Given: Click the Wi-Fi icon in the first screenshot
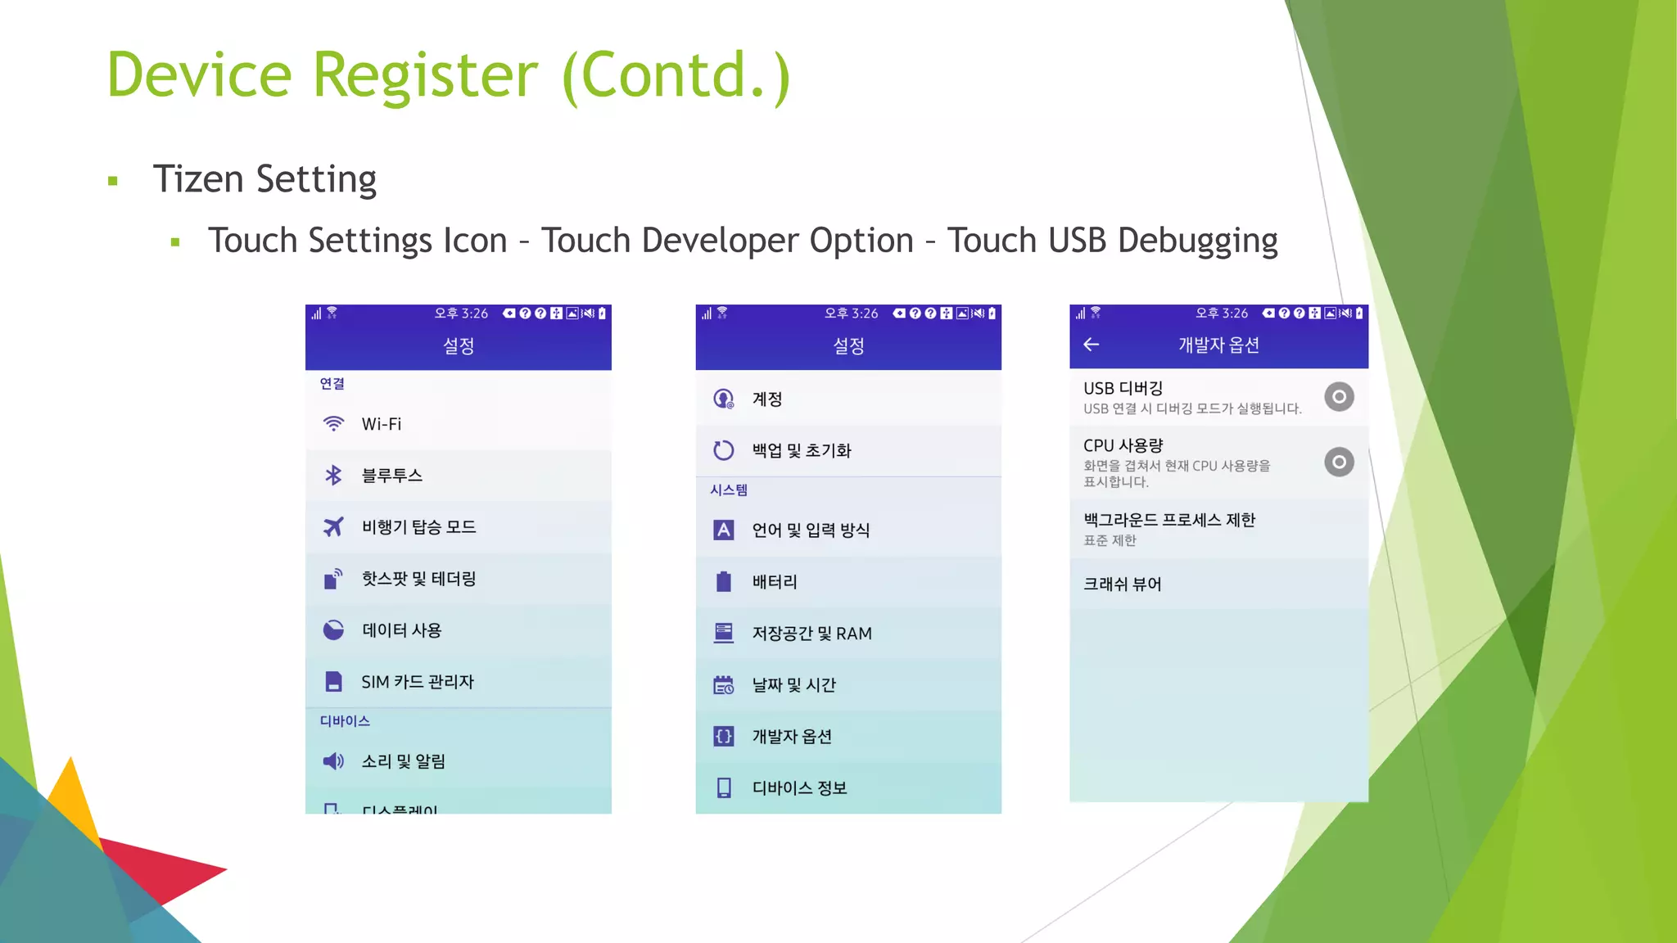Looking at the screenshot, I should tap(333, 424).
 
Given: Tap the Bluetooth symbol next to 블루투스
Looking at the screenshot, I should tap(333, 476).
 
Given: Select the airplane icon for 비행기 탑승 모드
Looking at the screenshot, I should tap(333, 527).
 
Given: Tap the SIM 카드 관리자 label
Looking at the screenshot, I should tap(418, 682).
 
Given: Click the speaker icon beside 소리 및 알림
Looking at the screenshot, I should tap(333, 761).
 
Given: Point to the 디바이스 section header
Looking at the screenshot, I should tap(345, 721).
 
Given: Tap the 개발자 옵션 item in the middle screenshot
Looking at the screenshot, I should tap(792, 737).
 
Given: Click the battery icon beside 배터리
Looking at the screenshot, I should tap(724, 582).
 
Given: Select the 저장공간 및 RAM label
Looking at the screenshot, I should tap(811, 634).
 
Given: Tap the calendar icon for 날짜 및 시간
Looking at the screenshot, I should tap(724, 685).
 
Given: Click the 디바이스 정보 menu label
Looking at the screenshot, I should tap(799, 788).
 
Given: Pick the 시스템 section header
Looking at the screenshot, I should tap(729, 490).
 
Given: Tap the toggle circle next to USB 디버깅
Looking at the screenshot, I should tap(1339, 397).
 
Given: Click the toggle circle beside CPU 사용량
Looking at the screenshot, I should tap(1339, 462).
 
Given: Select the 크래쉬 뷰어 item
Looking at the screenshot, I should tap(1123, 584).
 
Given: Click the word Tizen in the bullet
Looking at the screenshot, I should tap(198, 179).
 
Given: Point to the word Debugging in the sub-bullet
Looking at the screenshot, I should tap(1197, 241).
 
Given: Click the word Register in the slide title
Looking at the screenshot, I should tap(425, 75).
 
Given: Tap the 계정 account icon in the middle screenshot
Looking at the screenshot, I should tap(724, 399).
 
